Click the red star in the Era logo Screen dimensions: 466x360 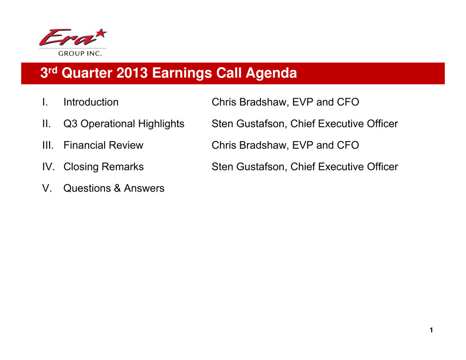[x=101, y=33]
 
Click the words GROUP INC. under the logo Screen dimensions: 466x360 [x=80, y=54]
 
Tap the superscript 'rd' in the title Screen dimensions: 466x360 [x=53, y=70]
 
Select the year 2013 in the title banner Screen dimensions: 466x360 [x=132, y=73]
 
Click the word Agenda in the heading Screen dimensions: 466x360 [x=271, y=73]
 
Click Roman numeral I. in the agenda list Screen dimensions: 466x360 [x=45, y=102]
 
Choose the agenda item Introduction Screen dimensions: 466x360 [x=91, y=102]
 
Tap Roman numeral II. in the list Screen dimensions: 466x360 [x=46, y=123]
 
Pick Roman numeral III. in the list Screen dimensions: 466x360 [x=48, y=145]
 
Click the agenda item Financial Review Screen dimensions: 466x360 [x=103, y=145]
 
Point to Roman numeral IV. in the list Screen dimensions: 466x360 [x=48, y=167]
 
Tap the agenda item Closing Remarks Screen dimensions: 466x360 [x=103, y=167]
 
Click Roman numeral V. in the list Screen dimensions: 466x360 [x=47, y=188]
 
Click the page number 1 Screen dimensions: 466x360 [x=431, y=330]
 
